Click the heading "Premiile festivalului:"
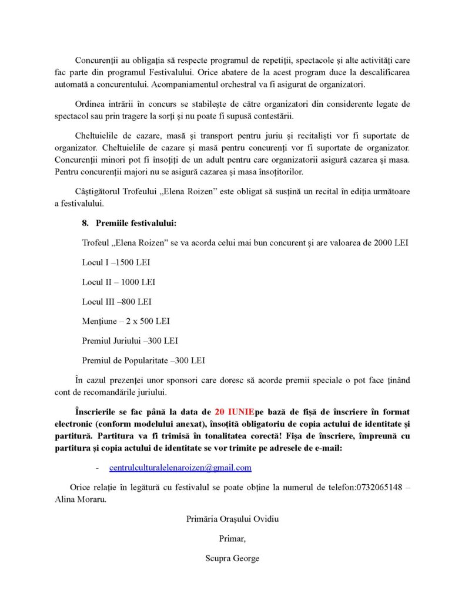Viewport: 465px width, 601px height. pyautogui.click(x=136, y=223)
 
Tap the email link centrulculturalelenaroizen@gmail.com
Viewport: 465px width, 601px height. pyautogui.click(x=180, y=468)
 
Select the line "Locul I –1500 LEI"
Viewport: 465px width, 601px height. pyautogui.click(x=116, y=262)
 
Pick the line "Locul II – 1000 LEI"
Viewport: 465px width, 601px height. pyautogui.click(x=118, y=282)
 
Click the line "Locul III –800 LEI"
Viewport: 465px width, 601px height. pyautogui.click(x=116, y=302)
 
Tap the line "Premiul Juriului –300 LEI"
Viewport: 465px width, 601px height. pyautogui.click(x=130, y=340)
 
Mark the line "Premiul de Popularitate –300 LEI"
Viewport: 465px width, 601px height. pyautogui.click(x=143, y=360)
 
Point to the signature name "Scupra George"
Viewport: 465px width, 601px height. pyautogui.click(x=232, y=558)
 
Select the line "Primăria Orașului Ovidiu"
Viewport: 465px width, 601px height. pyautogui.click(x=232, y=519)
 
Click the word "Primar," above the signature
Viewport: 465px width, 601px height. pyautogui.click(x=232, y=538)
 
